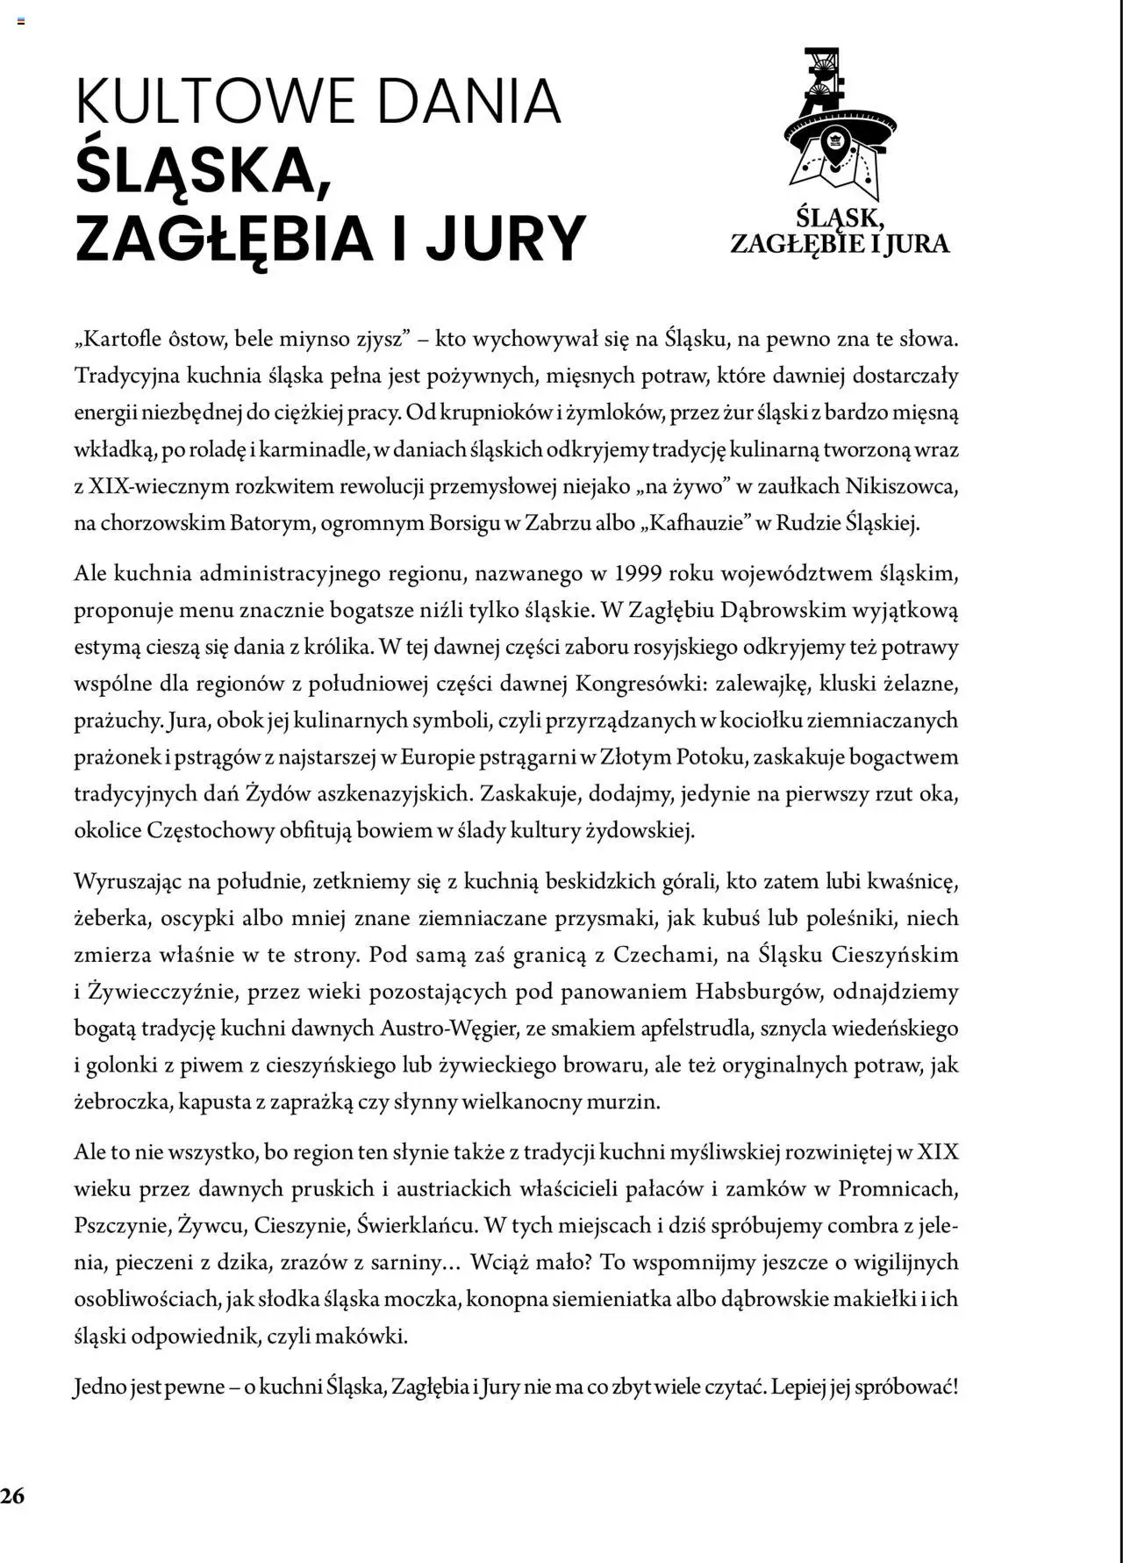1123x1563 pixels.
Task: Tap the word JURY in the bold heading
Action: coord(506,238)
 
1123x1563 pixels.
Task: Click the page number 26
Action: coord(13,1496)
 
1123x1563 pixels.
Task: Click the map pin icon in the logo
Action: coord(834,146)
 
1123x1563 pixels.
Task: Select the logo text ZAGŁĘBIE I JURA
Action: coord(840,243)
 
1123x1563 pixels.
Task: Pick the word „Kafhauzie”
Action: coord(697,523)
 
